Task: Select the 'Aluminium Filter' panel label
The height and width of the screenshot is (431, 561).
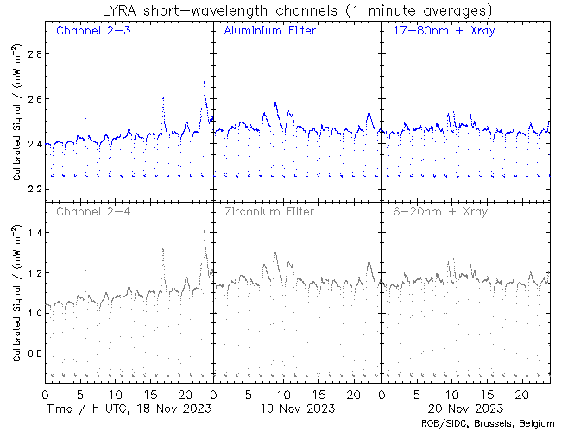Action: [269, 31]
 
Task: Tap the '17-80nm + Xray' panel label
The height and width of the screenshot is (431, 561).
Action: [440, 31]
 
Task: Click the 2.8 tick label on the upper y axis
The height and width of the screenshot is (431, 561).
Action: [30, 54]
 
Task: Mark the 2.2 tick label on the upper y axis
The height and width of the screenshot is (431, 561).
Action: [30, 189]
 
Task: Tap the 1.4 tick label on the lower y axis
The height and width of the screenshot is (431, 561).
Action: [30, 233]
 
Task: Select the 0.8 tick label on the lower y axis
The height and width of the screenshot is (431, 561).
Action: [30, 353]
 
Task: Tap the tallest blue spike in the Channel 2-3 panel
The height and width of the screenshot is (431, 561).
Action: [204, 82]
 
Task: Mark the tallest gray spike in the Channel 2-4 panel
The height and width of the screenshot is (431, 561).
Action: [204, 231]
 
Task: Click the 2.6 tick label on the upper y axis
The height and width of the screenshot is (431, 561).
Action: [30, 99]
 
